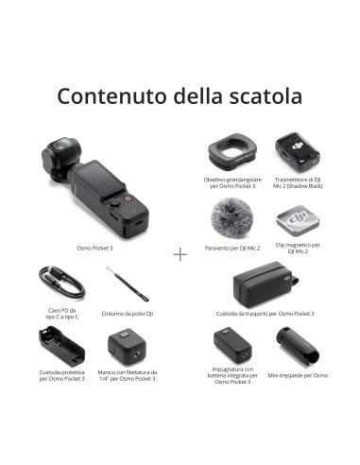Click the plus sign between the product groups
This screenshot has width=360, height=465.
coord(180,254)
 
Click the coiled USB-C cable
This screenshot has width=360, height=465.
coord(54,282)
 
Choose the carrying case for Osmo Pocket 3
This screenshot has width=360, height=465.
coord(264,284)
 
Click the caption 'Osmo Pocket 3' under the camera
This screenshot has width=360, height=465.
coord(95,247)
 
